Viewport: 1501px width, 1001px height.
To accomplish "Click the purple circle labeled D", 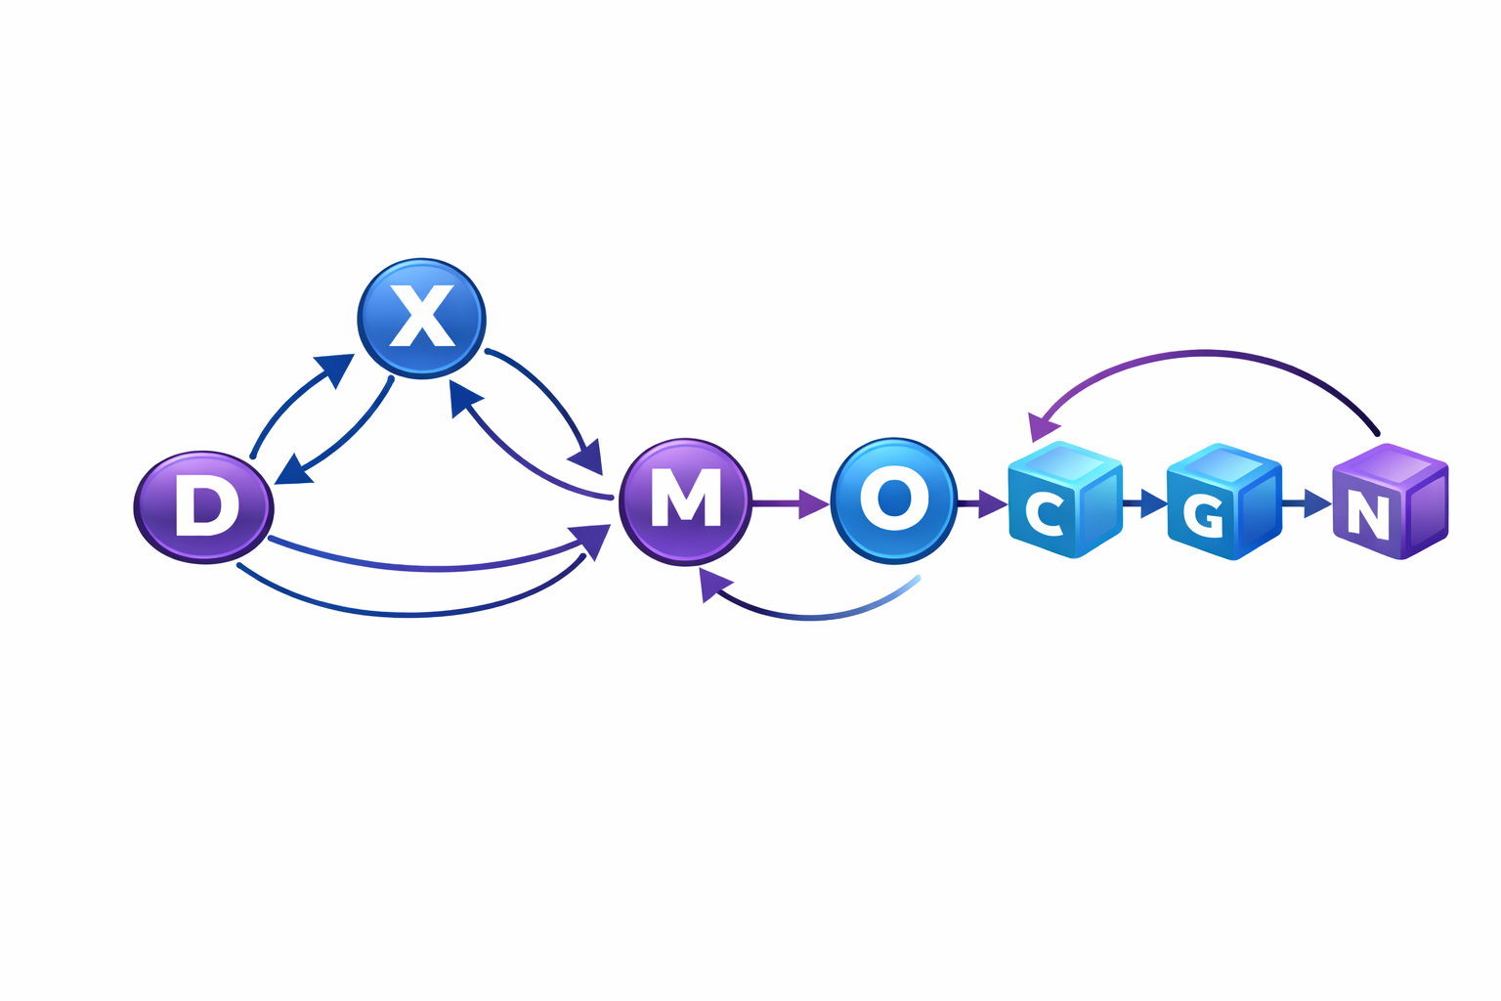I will click(203, 506).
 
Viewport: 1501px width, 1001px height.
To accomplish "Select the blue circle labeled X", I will click(421, 318).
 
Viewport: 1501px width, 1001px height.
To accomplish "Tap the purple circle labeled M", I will click(686, 500).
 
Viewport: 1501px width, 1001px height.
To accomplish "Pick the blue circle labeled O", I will click(893, 500).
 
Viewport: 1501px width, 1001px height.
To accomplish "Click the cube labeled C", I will click(1063, 500).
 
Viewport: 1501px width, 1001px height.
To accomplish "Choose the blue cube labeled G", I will click(1222, 502).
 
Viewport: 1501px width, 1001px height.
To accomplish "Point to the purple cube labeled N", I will click(1390, 502).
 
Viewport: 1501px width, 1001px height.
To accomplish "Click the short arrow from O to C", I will click(982, 503).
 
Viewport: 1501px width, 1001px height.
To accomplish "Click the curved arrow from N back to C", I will click(1207, 355).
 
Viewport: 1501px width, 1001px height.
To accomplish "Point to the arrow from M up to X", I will click(518, 459).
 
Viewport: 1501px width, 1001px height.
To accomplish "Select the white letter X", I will click(421, 316).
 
